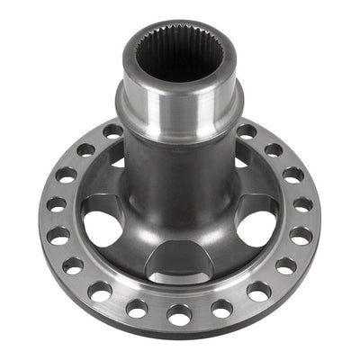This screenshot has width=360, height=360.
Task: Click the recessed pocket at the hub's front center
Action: point(179,261)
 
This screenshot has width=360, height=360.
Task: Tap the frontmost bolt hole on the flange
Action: point(179,315)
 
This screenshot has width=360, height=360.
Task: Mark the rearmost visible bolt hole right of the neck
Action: point(246,131)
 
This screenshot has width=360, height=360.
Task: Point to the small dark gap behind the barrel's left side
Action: point(118,162)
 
